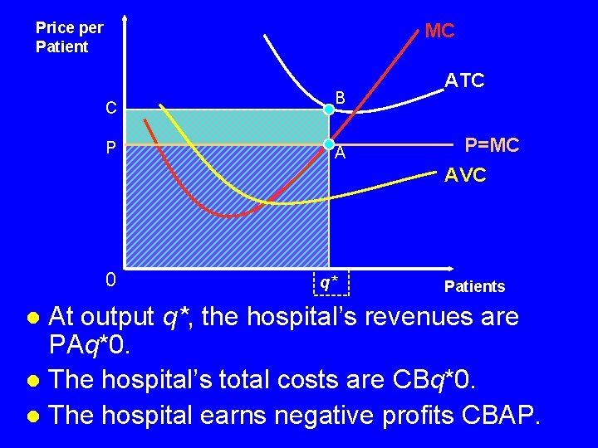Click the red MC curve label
click(x=439, y=32)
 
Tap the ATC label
click(x=464, y=80)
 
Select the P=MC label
click(x=492, y=146)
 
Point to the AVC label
click(x=465, y=176)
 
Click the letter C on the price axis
click(x=110, y=108)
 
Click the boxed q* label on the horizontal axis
click(x=330, y=282)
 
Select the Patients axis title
click(x=474, y=287)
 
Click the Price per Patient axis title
click(x=69, y=37)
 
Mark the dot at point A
click(x=329, y=144)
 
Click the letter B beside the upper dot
click(x=340, y=96)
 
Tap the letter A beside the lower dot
click(x=341, y=154)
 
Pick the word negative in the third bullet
click(x=299, y=414)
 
